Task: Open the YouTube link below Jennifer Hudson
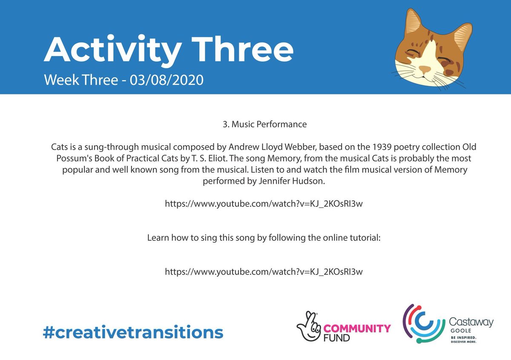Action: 264,204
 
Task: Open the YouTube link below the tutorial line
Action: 264,271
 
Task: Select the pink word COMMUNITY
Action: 357,329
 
